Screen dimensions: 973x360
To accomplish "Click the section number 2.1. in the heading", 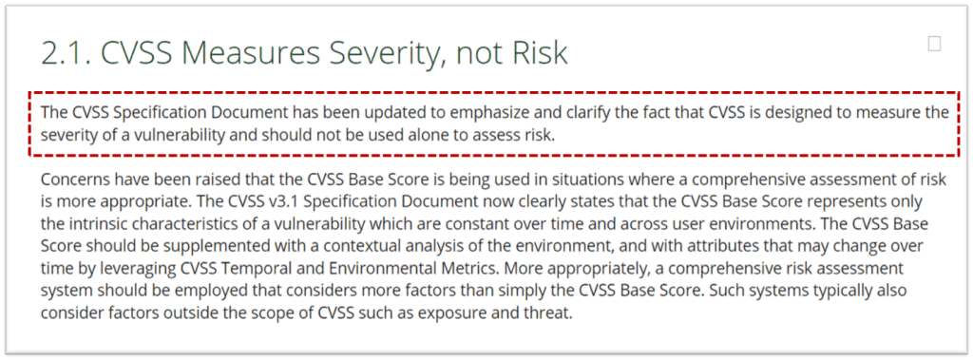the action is [66, 53].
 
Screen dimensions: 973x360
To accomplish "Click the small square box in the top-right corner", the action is [934, 44].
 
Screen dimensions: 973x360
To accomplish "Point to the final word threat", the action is [548, 313].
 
